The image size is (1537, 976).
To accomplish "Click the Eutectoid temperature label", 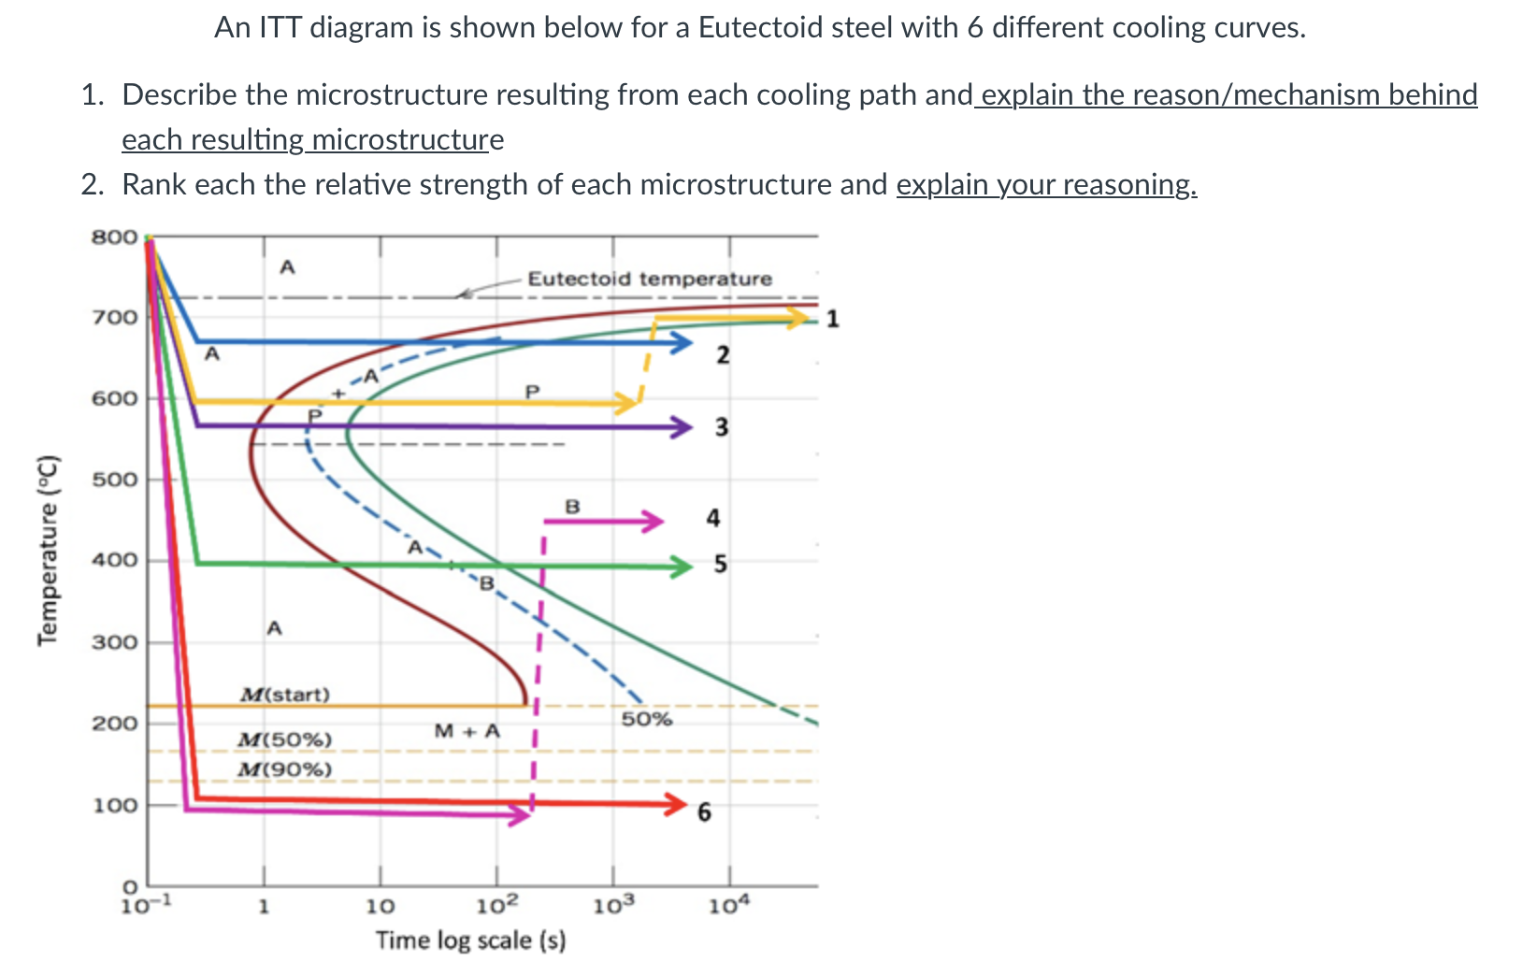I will pos(650,279).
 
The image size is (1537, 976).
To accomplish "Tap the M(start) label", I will pos(285,695).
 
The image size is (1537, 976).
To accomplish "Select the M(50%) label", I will pos(285,739).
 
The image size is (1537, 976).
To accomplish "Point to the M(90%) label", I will pos(285,769).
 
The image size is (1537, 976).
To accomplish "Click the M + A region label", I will pos(467,731).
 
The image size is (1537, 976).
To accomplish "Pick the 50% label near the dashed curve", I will pos(647,719).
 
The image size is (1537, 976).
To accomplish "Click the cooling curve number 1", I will pos(833,319).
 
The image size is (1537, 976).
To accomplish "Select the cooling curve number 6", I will pos(704,812).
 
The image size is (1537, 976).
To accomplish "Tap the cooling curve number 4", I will pos(713,518).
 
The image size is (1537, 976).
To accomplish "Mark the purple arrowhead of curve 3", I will pos(681,427).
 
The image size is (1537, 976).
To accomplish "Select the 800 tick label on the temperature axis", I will pos(114,237).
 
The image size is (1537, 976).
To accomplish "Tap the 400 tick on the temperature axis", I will pos(114,561).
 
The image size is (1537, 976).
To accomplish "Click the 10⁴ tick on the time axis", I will pos(729,905).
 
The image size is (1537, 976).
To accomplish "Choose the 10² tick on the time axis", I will pos(496,905).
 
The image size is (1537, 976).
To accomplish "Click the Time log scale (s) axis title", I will pos(470,940).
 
